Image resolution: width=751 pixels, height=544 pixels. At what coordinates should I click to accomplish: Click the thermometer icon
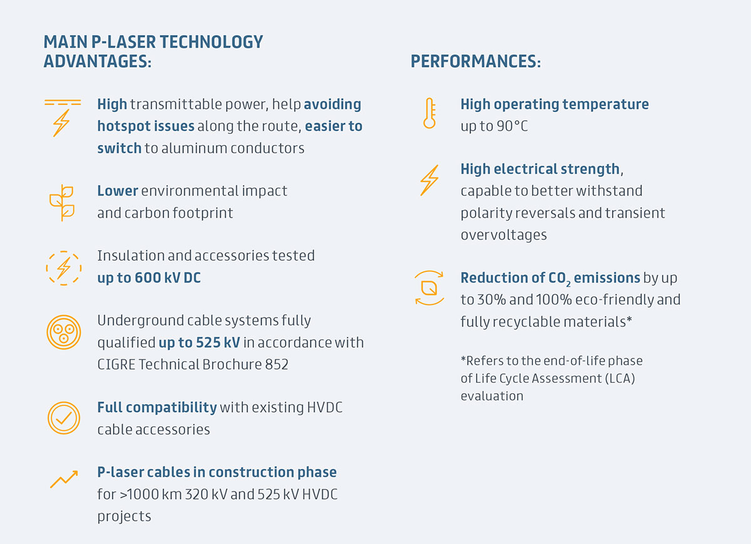pos(429,113)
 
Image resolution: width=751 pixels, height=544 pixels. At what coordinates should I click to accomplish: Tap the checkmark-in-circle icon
pos(64,418)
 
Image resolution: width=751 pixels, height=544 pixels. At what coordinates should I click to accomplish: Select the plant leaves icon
pos(62,203)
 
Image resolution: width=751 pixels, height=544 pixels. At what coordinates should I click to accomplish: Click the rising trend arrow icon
pos(64,479)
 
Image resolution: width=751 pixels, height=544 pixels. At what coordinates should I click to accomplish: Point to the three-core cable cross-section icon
pos(64,332)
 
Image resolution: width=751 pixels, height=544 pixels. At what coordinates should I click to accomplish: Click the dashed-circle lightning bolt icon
pos(64,268)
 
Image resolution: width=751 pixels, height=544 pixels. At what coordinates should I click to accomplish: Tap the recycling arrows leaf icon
pos(429,288)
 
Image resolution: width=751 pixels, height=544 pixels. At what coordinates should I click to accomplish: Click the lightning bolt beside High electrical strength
pos(429,180)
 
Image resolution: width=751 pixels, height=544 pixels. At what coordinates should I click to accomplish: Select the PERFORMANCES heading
pos(476,61)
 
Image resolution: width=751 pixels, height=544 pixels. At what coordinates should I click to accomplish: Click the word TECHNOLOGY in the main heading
pos(212,43)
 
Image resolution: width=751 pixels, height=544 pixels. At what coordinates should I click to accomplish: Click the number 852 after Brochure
pos(277,365)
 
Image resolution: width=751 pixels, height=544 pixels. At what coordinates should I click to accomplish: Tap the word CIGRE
pos(116,365)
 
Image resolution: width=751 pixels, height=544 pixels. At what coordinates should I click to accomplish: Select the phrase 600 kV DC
pos(168,278)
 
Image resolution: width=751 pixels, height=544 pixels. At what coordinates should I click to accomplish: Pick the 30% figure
pos(491,300)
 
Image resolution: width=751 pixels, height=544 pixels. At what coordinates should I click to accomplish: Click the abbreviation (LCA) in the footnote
pos(620,378)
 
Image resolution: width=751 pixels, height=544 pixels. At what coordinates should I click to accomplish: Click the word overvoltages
pos(504,235)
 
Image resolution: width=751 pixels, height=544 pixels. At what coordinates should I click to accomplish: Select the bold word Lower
pos(118,191)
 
